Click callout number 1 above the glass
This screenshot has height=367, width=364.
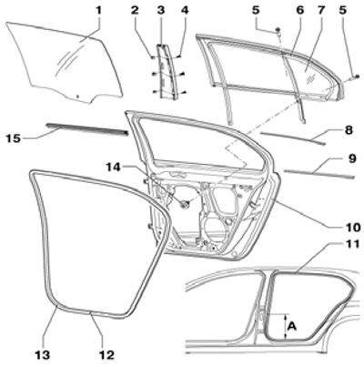coord(98,10)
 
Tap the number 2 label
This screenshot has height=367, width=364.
coord(135,10)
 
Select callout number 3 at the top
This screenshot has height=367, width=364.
coord(160,10)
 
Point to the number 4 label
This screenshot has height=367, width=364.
coord(185,10)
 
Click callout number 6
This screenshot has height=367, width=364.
coord(299,10)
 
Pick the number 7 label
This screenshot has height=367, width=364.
coord(321,10)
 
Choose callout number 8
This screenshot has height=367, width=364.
coord(349,130)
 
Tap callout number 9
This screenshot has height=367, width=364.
coord(352,158)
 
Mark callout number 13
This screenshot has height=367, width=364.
coord(42,354)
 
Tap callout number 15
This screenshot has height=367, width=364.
coord(13,138)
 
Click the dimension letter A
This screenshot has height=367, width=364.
coord(292,326)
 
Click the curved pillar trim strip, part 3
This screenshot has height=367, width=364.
coord(166,71)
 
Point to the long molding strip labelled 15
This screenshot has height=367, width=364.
coord(86,128)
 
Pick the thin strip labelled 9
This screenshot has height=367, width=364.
coord(318,174)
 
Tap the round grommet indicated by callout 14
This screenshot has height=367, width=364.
coord(185,205)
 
